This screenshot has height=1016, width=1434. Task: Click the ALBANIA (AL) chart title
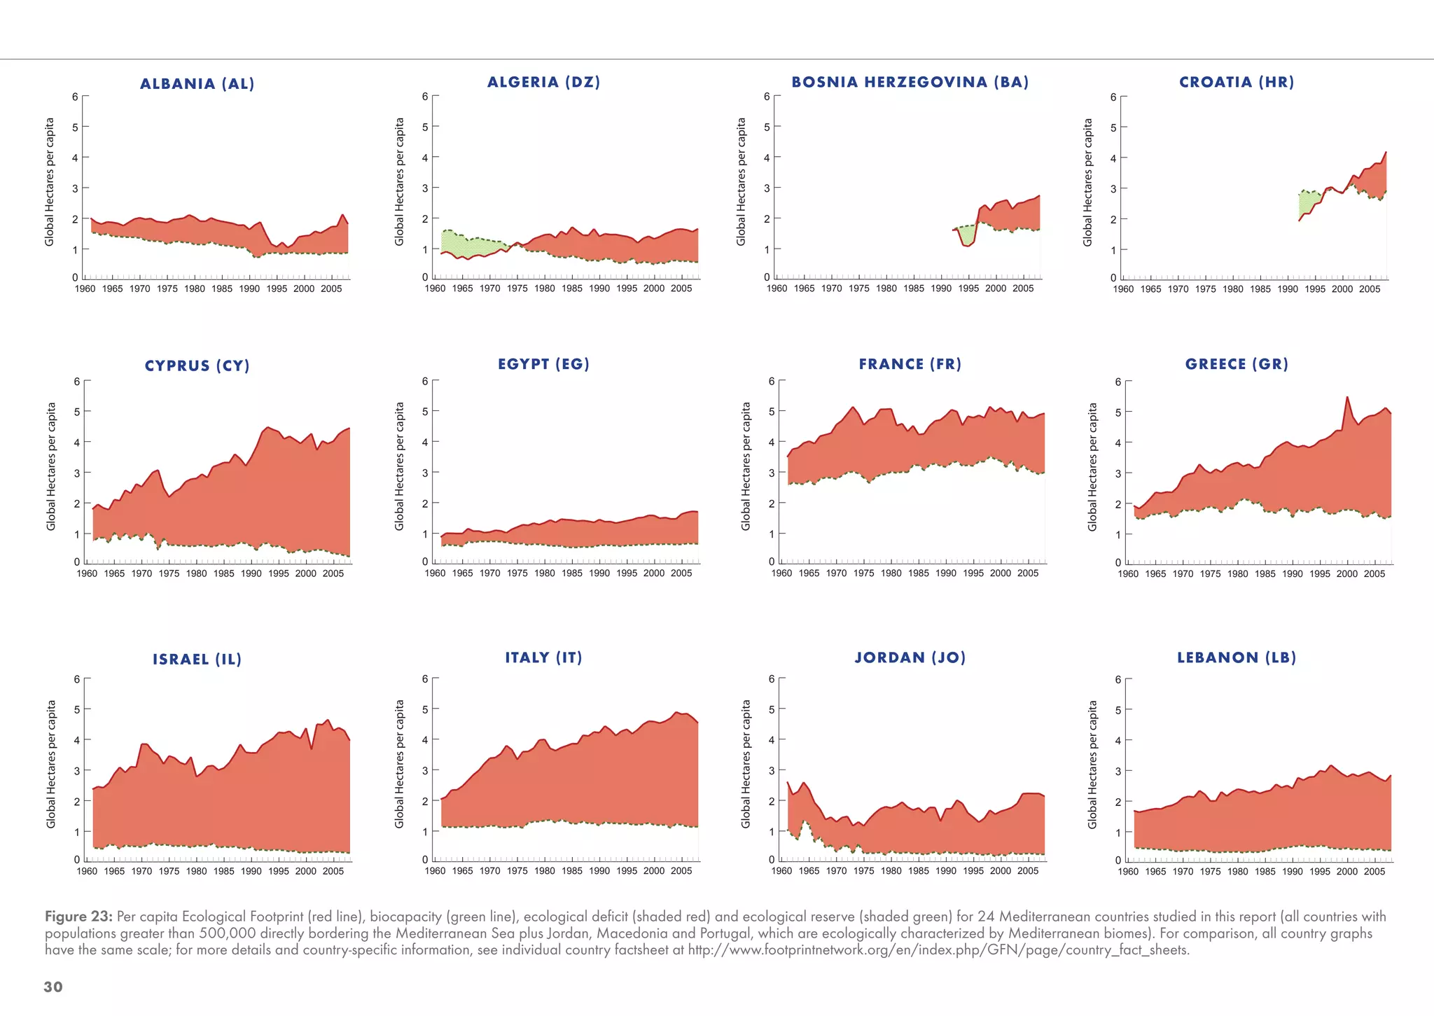click(x=197, y=84)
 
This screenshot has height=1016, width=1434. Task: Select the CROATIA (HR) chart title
click(x=1237, y=82)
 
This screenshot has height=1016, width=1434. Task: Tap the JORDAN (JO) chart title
click(x=910, y=657)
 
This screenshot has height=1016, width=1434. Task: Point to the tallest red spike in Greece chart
click(x=1346, y=398)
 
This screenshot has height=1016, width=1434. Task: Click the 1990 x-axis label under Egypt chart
click(x=599, y=573)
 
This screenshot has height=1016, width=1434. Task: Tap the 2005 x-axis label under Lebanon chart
click(x=1374, y=872)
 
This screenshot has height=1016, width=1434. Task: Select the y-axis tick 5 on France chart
click(x=772, y=411)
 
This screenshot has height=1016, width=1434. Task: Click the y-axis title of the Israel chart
click(x=51, y=764)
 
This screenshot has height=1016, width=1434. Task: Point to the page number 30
click(x=53, y=987)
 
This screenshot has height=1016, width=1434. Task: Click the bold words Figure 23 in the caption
click(x=78, y=917)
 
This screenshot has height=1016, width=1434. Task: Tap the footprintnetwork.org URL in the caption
click(x=938, y=950)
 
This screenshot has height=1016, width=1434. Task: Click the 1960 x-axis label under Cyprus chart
click(x=87, y=573)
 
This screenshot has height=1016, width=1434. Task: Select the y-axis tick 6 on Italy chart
click(x=424, y=679)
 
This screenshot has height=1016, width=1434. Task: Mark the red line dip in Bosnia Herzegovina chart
click(x=967, y=245)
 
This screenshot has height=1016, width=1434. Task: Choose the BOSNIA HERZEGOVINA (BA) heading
click(x=910, y=82)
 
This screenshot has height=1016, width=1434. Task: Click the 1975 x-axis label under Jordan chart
click(x=863, y=871)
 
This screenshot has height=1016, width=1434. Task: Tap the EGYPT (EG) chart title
click(x=543, y=364)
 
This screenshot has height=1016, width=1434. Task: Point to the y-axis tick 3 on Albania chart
click(x=75, y=188)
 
